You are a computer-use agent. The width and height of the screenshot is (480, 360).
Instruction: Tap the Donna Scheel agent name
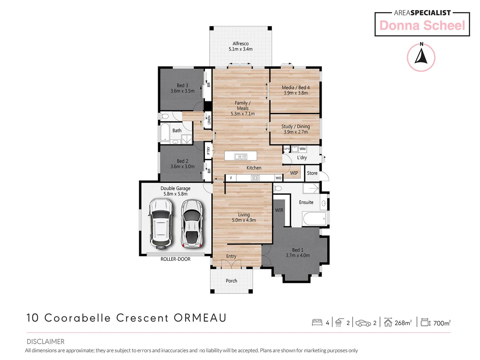click(422, 26)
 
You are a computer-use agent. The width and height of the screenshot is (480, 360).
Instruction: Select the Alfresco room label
click(240, 44)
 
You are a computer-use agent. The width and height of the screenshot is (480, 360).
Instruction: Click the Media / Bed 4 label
click(296, 88)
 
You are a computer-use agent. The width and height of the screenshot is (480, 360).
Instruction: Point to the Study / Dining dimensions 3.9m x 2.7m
click(296, 132)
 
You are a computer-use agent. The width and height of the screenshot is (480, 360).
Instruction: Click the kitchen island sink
click(240, 156)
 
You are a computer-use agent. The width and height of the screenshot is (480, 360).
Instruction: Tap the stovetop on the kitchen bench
click(255, 178)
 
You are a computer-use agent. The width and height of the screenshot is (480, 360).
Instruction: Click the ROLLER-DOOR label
click(175, 259)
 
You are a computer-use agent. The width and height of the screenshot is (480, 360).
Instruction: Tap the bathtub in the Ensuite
click(315, 219)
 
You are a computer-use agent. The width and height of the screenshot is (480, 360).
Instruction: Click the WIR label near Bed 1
click(279, 210)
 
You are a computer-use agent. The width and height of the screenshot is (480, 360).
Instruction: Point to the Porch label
click(231, 281)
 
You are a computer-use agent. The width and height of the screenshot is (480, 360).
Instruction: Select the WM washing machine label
click(302, 149)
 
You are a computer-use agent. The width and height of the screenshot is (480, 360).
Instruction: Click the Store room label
click(312, 173)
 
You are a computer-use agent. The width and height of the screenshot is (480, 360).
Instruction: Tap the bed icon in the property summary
click(317, 322)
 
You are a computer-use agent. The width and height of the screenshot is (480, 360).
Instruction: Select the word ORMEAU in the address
click(200, 318)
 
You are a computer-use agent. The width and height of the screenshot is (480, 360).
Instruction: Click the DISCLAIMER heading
click(45, 341)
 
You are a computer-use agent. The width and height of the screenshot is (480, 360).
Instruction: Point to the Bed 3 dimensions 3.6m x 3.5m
click(182, 91)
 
